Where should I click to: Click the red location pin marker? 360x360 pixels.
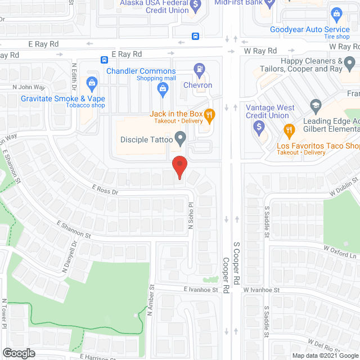179,167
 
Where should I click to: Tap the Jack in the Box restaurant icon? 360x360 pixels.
209,116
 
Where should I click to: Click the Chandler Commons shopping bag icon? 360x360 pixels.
163,87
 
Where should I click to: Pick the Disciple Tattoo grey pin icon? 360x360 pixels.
181,137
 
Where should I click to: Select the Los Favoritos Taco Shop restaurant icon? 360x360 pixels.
289,130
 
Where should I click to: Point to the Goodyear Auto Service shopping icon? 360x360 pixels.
337,13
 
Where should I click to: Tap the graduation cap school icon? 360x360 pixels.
316,105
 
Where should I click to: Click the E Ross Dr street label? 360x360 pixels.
105,191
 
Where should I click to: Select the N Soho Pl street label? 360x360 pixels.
191,213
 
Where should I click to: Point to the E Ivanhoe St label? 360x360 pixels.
200,290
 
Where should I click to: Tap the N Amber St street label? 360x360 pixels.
151,303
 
